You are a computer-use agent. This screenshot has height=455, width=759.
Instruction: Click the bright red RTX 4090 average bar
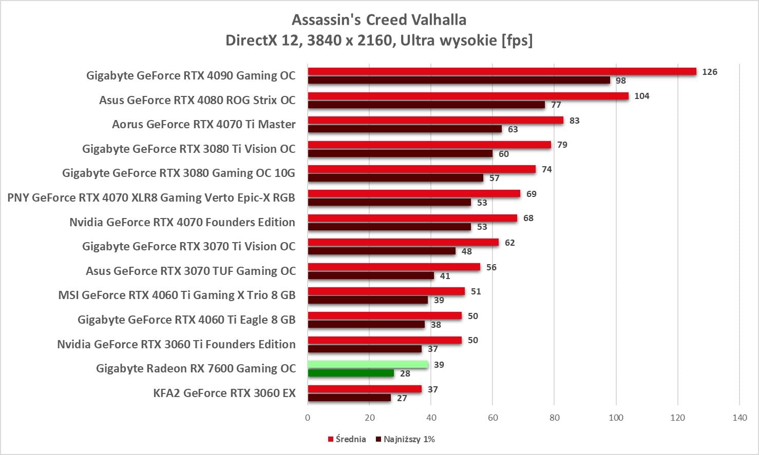point(502,72)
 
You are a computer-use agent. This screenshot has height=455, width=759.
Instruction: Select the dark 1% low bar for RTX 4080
point(426,105)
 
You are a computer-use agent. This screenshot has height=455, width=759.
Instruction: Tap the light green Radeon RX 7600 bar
point(368,365)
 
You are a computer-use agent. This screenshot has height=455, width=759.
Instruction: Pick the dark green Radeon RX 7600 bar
point(351,373)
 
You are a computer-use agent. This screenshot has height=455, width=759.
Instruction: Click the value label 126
point(709,72)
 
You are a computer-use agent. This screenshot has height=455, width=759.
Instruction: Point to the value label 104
point(641,96)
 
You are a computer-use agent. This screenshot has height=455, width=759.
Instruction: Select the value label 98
point(621,81)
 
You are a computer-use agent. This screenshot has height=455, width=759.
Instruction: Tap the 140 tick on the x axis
point(739,418)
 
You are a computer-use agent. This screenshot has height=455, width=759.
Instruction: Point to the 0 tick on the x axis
point(308,418)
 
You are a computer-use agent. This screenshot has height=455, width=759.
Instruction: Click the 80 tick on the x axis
point(555,418)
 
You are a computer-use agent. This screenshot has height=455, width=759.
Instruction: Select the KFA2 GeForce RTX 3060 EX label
point(224,393)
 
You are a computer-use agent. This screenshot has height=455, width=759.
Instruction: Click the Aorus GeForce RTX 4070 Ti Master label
point(204,125)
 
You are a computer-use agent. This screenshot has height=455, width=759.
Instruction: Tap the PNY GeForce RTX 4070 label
point(151,198)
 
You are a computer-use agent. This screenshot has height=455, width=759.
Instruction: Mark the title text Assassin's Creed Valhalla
point(379,20)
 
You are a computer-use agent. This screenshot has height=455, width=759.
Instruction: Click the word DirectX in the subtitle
point(251,40)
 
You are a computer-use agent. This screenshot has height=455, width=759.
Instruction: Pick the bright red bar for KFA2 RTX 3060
point(365,389)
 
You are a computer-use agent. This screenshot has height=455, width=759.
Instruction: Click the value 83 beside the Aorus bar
point(574,121)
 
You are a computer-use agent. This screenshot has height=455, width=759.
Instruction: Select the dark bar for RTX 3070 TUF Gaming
point(371,276)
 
